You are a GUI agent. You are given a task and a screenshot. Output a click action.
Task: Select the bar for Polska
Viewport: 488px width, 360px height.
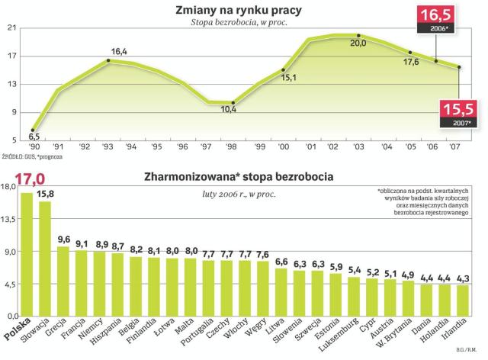[27, 255]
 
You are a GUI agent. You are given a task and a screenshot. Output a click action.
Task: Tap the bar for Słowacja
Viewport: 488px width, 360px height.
[46, 259]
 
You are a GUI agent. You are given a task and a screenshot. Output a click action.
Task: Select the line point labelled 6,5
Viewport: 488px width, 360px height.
[33, 130]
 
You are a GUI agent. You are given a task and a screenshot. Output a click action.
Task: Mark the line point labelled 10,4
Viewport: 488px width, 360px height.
[233, 102]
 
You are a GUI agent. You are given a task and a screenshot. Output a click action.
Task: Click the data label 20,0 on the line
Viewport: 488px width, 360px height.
[358, 44]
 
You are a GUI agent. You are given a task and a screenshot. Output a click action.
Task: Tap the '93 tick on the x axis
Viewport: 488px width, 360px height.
[109, 147]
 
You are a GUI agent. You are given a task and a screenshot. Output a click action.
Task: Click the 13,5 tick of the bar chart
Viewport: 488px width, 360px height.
[10, 218]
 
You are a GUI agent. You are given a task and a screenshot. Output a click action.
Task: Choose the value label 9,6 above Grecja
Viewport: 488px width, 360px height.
[64, 239]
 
